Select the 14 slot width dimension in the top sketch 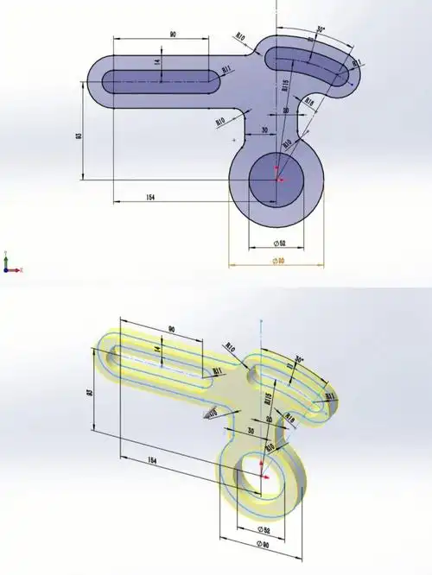point(158,63)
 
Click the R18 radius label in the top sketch point(308,102)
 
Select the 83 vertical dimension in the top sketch point(79,136)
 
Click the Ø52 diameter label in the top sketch point(278,243)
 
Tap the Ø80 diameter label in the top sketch point(278,261)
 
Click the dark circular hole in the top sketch point(277,180)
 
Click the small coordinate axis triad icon point(8,265)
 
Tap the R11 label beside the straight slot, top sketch point(226,70)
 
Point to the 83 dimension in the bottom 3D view point(89,394)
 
